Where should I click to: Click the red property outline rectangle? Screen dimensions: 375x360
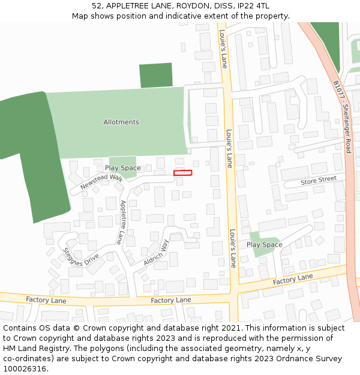pyautogui.click(x=182, y=173)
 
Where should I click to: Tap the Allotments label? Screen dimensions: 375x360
pyautogui.click(x=121, y=122)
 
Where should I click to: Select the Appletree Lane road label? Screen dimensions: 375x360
pyautogui.click(x=121, y=222)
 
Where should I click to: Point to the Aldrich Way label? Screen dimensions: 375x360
pyautogui.click(x=156, y=253)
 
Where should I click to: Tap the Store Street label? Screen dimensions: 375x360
pyautogui.click(x=319, y=180)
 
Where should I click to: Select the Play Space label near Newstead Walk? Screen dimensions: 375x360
pyautogui.click(x=122, y=168)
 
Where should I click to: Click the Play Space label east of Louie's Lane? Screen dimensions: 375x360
pyautogui.click(x=264, y=245)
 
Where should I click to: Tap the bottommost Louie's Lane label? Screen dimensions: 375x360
pyautogui.click(x=233, y=248)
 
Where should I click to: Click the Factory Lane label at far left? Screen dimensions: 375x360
pyautogui.click(x=46, y=299)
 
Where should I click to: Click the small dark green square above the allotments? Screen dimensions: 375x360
pyautogui.click(x=155, y=75)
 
